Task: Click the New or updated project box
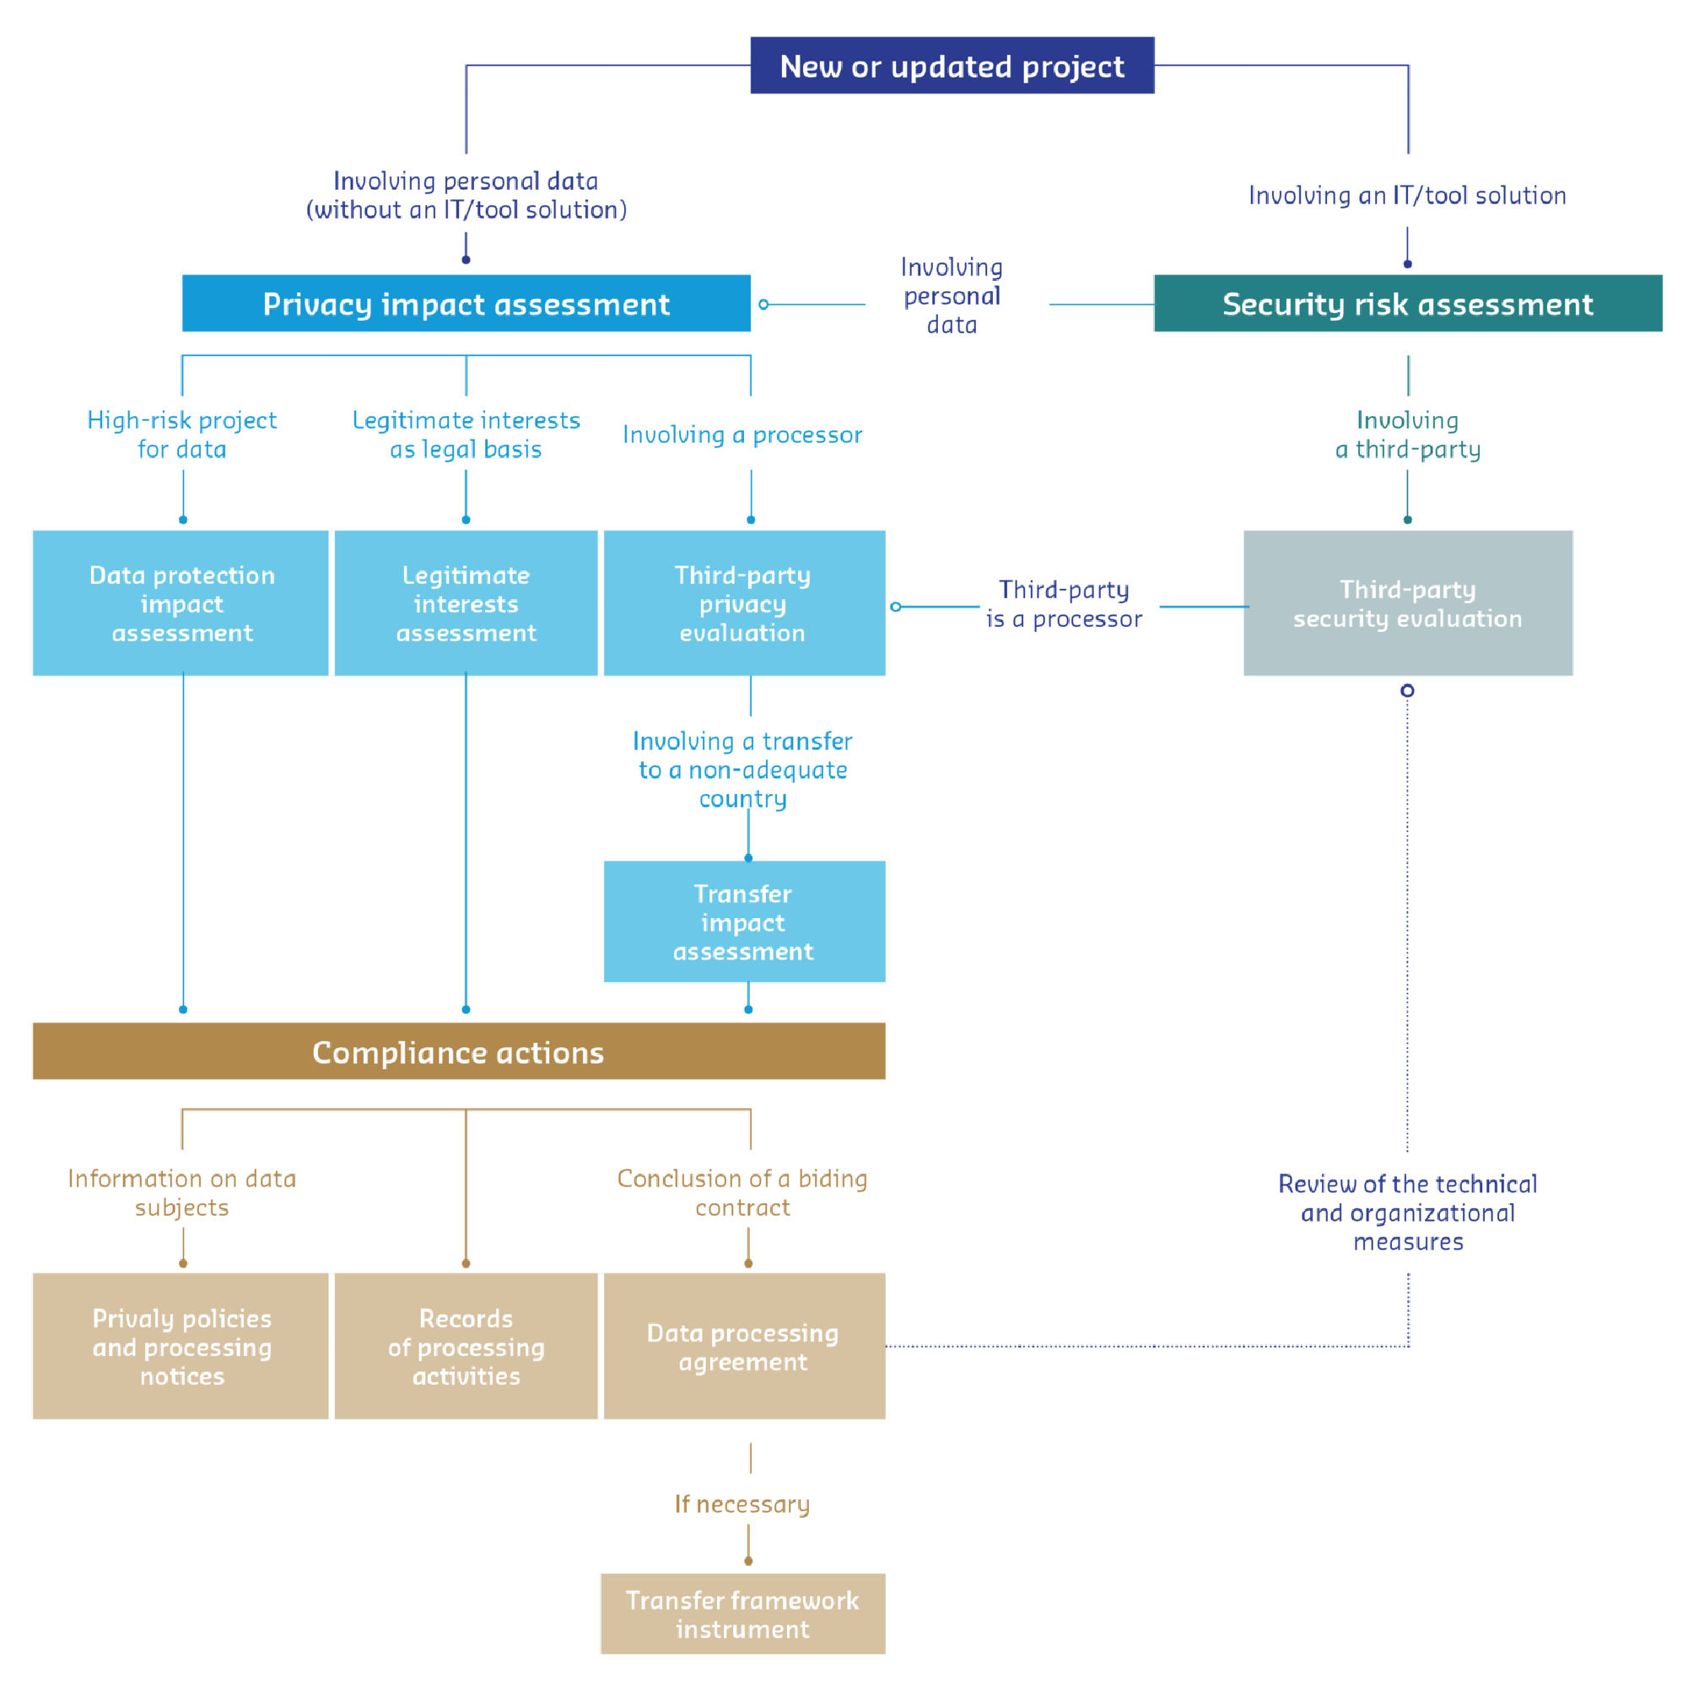(952, 66)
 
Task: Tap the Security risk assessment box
(1407, 304)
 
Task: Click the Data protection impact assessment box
(181, 603)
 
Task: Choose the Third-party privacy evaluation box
(743, 603)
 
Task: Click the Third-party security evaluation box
(1407, 603)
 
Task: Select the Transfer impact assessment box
(743, 921)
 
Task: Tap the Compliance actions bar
(457, 1051)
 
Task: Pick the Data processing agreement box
(743, 1346)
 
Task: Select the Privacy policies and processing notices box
(181, 1346)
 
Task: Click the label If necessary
(742, 1504)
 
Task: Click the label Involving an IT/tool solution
(1406, 195)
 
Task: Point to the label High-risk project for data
(181, 434)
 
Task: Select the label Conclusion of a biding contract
(742, 1192)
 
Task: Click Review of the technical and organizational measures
(1407, 1212)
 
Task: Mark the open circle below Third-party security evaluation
(1406, 691)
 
